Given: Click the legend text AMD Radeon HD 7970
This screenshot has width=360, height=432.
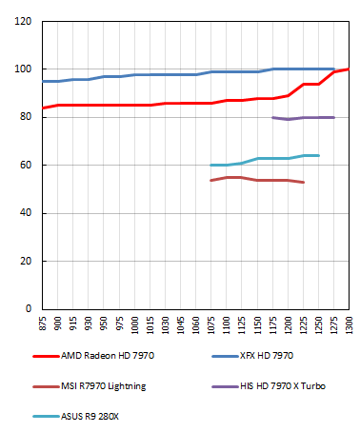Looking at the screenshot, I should click(108, 355).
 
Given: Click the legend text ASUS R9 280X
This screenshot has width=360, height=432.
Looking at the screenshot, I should click(93, 416).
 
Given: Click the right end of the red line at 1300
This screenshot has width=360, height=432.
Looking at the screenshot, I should click(350, 69).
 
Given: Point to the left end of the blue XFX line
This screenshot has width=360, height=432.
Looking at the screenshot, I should click(43, 82).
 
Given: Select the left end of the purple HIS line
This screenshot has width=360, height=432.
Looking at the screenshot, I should click(273, 117).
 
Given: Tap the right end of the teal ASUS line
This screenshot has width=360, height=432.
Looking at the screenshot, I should click(318, 155).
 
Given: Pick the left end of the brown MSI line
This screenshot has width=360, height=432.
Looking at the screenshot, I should click(211, 180).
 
